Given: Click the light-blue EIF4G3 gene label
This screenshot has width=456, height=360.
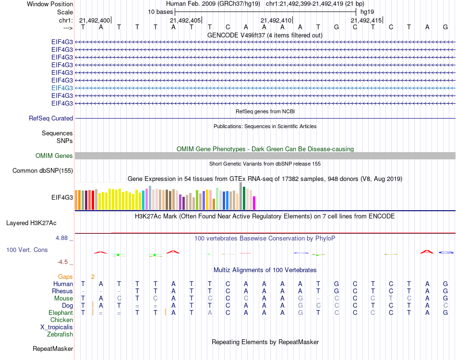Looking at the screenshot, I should (x=62, y=88).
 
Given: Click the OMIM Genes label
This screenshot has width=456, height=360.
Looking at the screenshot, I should (x=54, y=156).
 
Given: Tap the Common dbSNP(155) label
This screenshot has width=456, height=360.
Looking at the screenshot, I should (x=43, y=170).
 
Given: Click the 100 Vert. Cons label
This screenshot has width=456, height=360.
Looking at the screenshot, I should (x=27, y=250).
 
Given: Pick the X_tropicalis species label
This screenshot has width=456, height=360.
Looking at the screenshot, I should (x=57, y=327).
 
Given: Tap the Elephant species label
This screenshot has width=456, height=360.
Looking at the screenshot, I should (x=60, y=312).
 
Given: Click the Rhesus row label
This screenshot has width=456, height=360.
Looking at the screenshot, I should (x=62, y=291).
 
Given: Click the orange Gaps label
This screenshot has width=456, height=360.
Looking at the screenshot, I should (x=65, y=276).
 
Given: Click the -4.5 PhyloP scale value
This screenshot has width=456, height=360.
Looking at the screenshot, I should (x=63, y=262).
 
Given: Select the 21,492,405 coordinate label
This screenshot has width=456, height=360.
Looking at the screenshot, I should (x=185, y=20).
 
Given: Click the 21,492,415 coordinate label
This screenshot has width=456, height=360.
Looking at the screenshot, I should (x=366, y=20).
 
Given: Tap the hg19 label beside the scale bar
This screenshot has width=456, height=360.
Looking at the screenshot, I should (x=367, y=11).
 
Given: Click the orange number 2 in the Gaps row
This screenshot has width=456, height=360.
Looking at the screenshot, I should (x=93, y=276).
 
